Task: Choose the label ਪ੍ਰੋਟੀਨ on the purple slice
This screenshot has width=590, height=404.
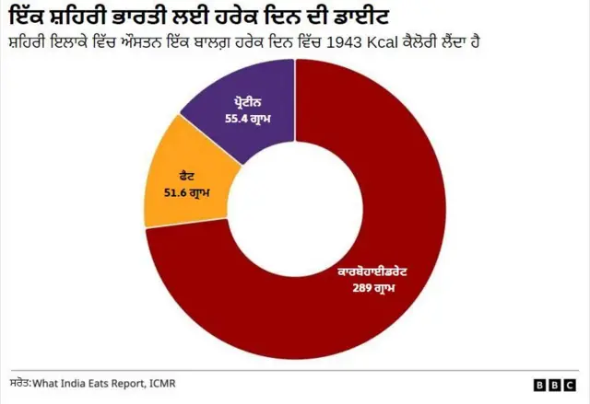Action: (247, 103)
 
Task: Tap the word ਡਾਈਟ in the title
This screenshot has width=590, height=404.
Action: (360, 17)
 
